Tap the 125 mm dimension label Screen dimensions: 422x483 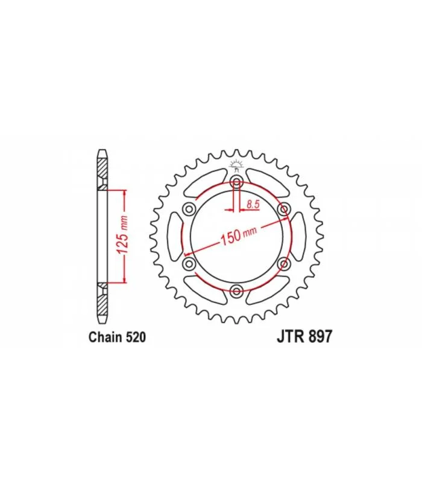tap(123, 235)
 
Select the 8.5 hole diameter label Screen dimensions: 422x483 tap(253, 204)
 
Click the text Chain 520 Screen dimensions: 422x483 tap(117, 337)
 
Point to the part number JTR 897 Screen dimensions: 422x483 tap(304, 336)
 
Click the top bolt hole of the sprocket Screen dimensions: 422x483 tap(236, 182)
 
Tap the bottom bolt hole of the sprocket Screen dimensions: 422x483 tap(236, 290)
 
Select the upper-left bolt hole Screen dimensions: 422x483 tap(189, 210)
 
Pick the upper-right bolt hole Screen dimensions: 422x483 tap(283, 209)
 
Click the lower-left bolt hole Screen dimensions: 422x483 tap(189, 263)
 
